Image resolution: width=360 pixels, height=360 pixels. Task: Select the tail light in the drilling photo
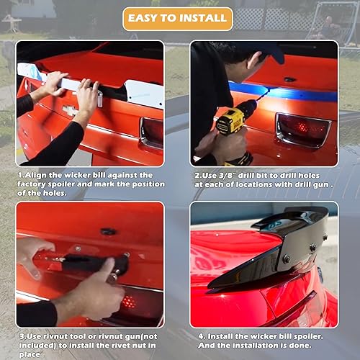(x=302, y=130)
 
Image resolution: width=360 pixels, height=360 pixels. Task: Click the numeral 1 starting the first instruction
(x=21, y=175)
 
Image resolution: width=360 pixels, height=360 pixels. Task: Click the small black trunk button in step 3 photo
(x=109, y=231)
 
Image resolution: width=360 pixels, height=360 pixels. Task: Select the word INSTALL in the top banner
(x=199, y=19)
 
